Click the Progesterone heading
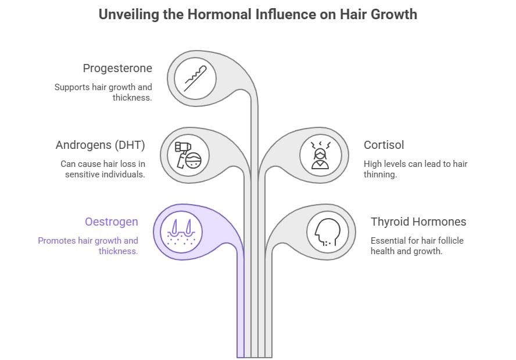pyautogui.click(x=117, y=69)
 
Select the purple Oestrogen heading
pyautogui.click(x=112, y=222)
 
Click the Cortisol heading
pyautogui.click(x=384, y=145)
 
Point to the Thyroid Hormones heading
pyautogui.click(x=418, y=222)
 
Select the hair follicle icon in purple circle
pyautogui.click(x=181, y=230)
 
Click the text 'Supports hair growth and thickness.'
pyautogui.click(x=103, y=92)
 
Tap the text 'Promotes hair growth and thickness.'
pyautogui.click(x=88, y=245)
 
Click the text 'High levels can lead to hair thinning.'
pyautogui.click(x=415, y=169)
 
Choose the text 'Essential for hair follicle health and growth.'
pyautogui.click(x=417, y=245)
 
